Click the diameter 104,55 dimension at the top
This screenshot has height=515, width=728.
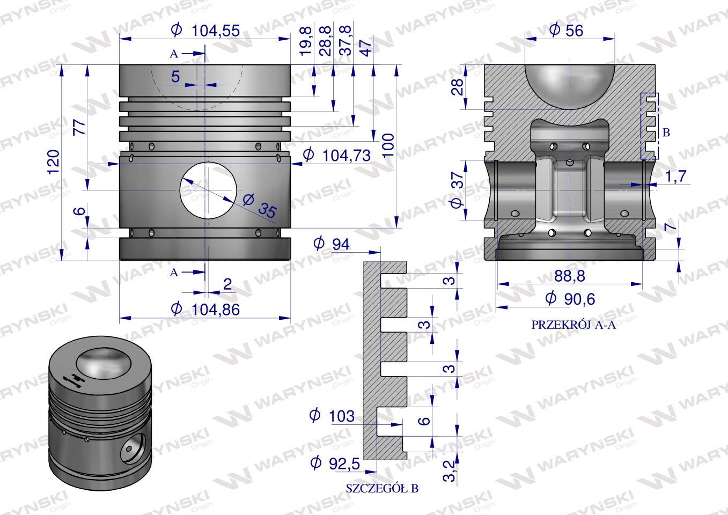pos(205,31)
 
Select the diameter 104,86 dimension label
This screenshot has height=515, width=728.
pos(205,309)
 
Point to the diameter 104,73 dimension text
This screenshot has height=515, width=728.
pos(337,155)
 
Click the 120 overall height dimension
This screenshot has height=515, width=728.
pos(54,162)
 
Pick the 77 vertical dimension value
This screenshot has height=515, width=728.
pos(79,127)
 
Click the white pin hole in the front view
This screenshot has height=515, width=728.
pos(208,190)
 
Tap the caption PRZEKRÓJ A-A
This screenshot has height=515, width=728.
pos(573,325)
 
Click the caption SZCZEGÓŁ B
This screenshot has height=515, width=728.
pos(382,488)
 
